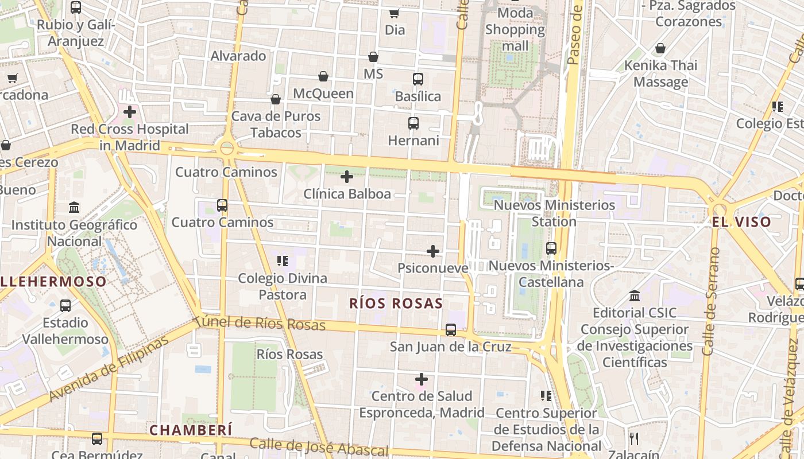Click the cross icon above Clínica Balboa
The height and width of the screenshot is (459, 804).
tap(347, 177)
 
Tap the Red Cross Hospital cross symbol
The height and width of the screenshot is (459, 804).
tap(130, 112)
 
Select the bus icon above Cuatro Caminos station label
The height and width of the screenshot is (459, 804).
tap(222, 205)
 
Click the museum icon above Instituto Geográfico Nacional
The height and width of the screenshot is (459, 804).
tap(74, 207)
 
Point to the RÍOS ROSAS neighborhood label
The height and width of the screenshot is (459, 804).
tap(396, 304)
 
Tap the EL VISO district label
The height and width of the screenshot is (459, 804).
tap(741, 222)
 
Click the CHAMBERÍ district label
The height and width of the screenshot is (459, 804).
tap(191, 430)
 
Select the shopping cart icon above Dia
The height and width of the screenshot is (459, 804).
tap(394, 13)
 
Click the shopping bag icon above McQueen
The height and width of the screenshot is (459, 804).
tap(323, 76)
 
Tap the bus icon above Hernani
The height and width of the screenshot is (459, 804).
tap(413, 123)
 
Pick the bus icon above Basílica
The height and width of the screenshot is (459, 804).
tap(418, 79)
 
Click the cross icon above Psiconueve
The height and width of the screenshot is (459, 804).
tap(433, 251)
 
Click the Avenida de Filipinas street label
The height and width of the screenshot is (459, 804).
tap(109, 369)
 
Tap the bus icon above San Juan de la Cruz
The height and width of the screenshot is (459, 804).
tap(451, 330)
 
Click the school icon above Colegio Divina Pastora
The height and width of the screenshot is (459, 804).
tap(282, 262)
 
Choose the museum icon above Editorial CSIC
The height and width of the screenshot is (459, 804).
tap(635, 296)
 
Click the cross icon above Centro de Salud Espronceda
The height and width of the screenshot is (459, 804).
tap(422, 379)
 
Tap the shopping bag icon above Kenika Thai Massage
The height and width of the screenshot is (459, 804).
tap(660, 49)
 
